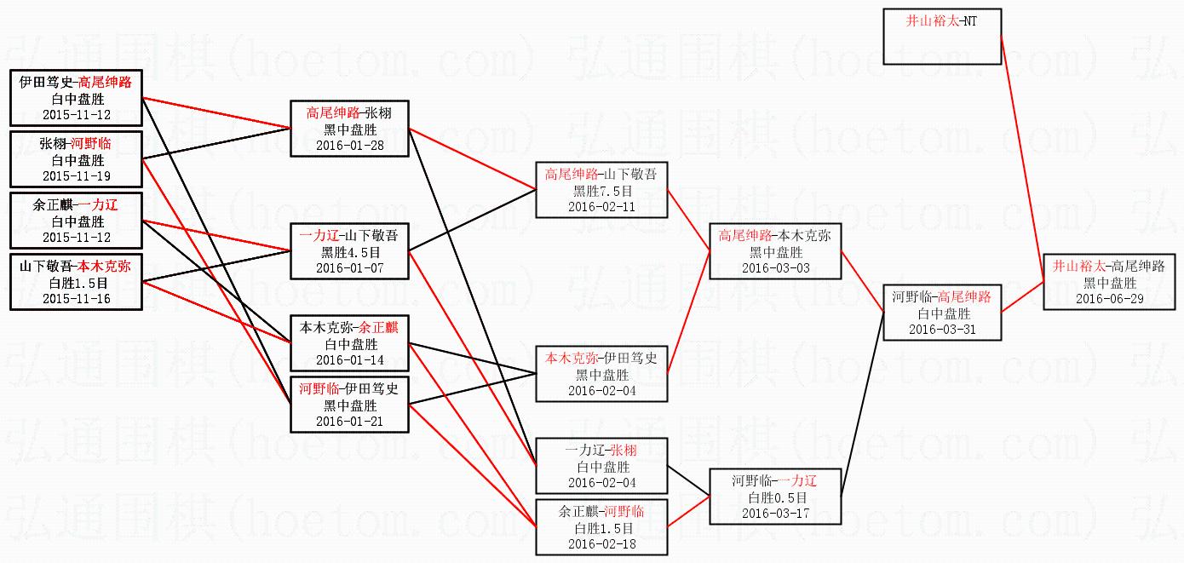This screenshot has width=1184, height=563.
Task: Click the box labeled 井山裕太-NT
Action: (941, 37)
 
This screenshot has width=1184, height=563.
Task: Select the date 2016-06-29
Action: (1108, 298)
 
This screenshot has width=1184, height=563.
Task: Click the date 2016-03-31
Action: (941, 329)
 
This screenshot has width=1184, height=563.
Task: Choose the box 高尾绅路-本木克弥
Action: (774, 251)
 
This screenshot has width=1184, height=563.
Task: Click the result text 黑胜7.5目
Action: (601, 190)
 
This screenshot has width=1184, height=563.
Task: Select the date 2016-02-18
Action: (601, 543)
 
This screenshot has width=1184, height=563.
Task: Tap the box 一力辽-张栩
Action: (601, 466)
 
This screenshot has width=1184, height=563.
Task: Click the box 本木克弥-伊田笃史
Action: (601, 374)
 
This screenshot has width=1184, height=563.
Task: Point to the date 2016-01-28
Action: (350, 145)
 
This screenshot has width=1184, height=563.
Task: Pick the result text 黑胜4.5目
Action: (350, 251)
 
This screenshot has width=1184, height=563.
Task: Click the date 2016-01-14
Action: (350, 359)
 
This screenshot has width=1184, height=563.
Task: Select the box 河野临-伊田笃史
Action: (350, 405)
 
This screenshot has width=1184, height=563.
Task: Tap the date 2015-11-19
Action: (77, 175)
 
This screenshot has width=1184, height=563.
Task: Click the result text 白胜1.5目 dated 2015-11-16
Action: (77, 283)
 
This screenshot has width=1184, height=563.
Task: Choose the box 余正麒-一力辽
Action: (77, 221)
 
